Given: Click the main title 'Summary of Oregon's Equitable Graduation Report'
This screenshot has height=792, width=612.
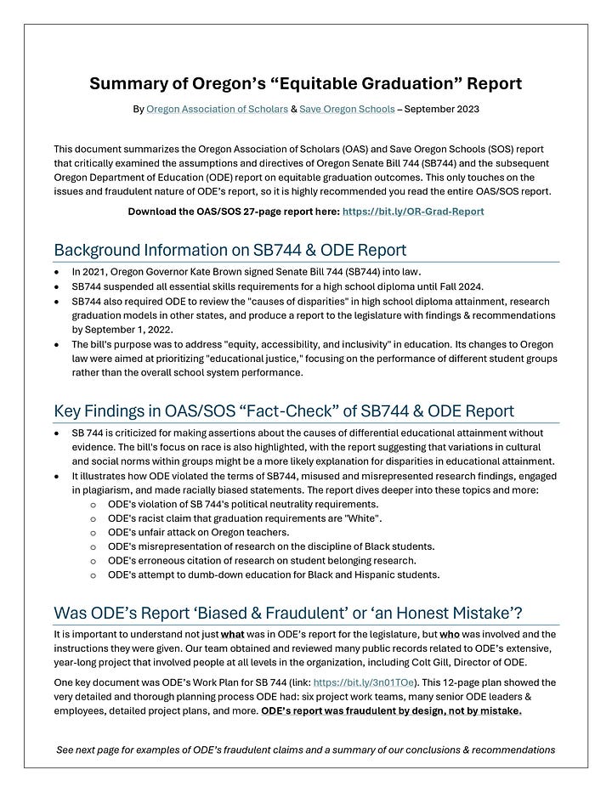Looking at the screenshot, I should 305,83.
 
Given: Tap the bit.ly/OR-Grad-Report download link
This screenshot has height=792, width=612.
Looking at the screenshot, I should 413,210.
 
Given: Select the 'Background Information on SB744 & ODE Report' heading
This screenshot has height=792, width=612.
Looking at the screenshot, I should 229,250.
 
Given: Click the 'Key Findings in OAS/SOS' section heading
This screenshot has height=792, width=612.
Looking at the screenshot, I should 283,411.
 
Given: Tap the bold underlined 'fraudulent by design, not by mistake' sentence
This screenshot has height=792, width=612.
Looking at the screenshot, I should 392,710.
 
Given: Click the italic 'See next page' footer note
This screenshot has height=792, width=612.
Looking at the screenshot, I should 305,750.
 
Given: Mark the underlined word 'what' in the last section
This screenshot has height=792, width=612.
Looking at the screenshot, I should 233,634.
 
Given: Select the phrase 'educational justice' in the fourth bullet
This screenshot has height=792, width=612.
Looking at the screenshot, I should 282,358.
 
